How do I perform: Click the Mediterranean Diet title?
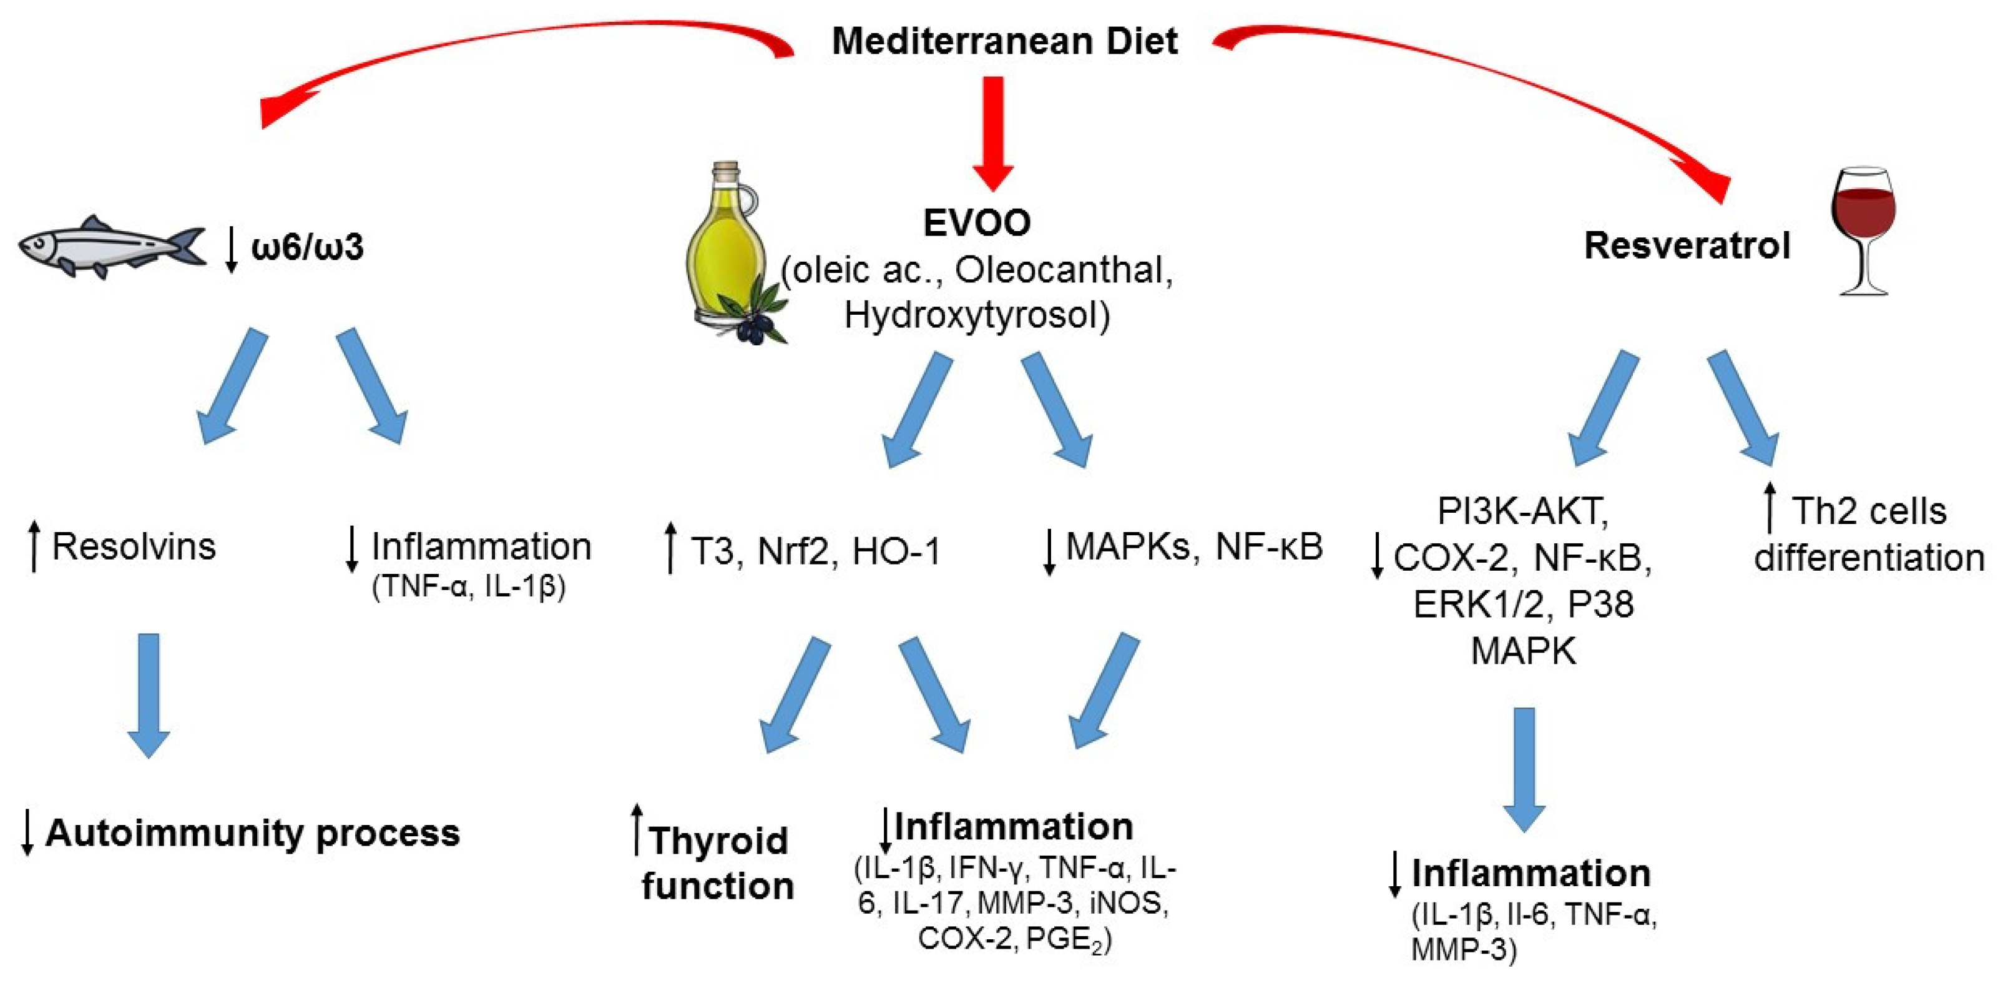(x=1004, y=41)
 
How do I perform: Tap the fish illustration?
(x=112, y=247)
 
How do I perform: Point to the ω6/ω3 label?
(x=307, y=247)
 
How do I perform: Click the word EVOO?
(x=976, y=224)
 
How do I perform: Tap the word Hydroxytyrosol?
(x=976, y=315)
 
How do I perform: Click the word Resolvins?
(x=134, y=547)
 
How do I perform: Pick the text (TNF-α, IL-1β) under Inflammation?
(x=469, y=586)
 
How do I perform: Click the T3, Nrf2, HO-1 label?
(x=815, y=551)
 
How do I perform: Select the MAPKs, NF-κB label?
(x=1193, y=547)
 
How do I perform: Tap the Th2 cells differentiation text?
(x=1868, y=535)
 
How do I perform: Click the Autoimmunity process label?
(x=252, y=832)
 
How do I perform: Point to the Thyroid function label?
(x=717, y=862)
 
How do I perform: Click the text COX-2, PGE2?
(x=1014, y=939)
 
